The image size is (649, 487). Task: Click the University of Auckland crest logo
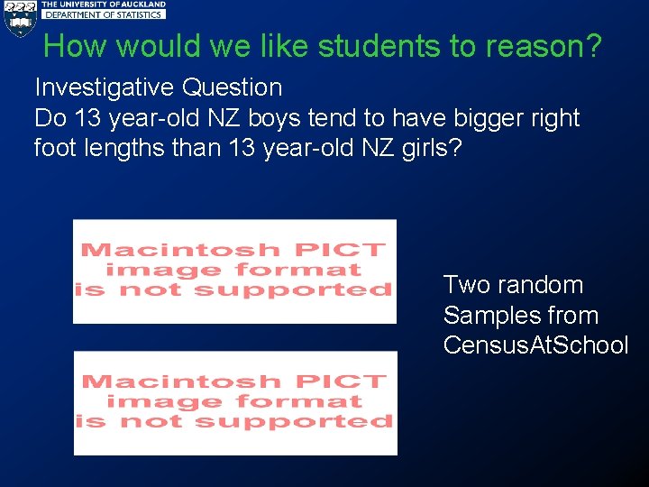coord(19,17)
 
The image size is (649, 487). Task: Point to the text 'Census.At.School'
coord(535,345)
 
